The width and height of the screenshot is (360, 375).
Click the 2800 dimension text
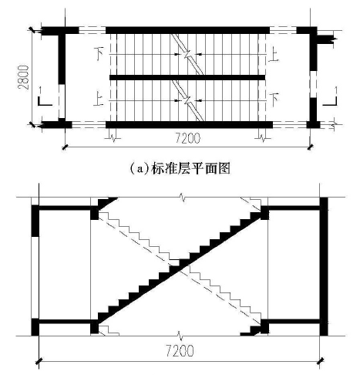point(23,77)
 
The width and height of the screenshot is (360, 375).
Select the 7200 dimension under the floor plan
point(188,139)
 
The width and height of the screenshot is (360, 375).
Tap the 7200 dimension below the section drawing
point(180,351)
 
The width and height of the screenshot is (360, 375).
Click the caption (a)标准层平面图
point(180,169)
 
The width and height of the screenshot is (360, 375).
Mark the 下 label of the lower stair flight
point(274,100)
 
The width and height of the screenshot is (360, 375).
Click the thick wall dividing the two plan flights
point(187,77)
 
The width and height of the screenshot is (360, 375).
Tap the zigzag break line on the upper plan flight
point(187,54)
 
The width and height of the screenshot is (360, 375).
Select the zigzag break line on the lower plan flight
point(188,100)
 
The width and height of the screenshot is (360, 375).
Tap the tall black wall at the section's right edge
point(324,266)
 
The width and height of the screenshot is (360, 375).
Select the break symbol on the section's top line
point(183,197)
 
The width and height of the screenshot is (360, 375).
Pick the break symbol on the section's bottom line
point(180,336)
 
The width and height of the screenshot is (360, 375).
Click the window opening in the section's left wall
point(35,277)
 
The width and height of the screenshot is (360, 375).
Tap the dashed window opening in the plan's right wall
point(313,84)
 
